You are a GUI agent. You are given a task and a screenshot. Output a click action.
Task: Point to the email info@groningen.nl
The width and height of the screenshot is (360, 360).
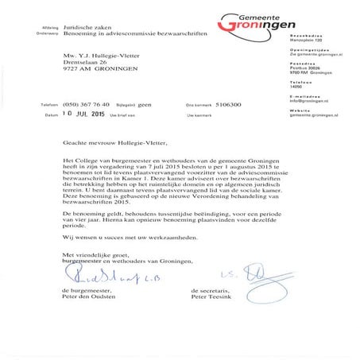pos(310,122)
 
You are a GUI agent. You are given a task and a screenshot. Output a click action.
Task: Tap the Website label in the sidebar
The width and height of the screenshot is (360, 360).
pos(301,132)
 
